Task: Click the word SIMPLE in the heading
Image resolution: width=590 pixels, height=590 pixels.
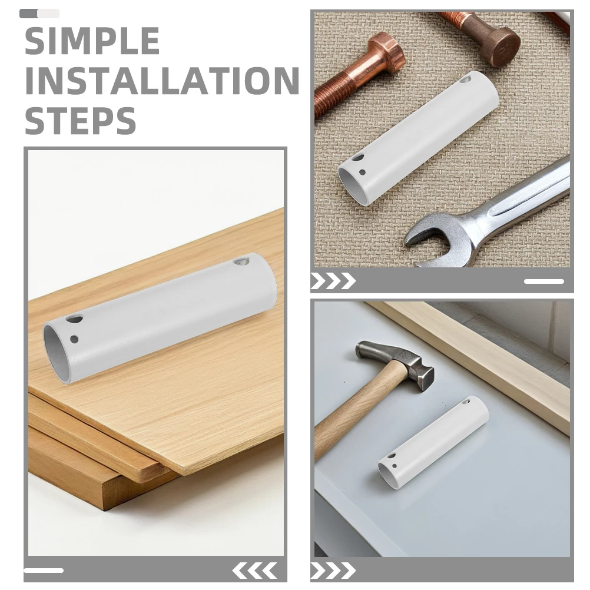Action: pos(92,41)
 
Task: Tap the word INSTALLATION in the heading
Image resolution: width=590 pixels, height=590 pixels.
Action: pos(162,81)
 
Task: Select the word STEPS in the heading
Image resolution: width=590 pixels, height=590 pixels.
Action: pos(80,120)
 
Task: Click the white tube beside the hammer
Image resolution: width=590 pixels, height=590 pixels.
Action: pos(433,443)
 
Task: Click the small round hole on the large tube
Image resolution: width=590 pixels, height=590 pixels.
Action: pos(74,339)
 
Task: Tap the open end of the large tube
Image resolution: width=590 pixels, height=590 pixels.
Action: pos(57,352)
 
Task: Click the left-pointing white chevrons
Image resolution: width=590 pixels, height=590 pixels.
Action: pos(255,571)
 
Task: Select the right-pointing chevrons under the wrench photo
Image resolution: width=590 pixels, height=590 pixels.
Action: pos(333,281)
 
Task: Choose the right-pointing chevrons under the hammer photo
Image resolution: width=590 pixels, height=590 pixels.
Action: pos(333,571)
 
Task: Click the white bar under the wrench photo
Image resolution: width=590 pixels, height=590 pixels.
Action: pos(544,281)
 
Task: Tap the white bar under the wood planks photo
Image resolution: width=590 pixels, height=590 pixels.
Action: pos(44,571)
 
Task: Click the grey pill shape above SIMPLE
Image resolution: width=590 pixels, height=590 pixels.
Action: pos(39,14)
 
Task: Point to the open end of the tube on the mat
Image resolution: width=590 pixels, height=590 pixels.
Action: pos(351,184)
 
